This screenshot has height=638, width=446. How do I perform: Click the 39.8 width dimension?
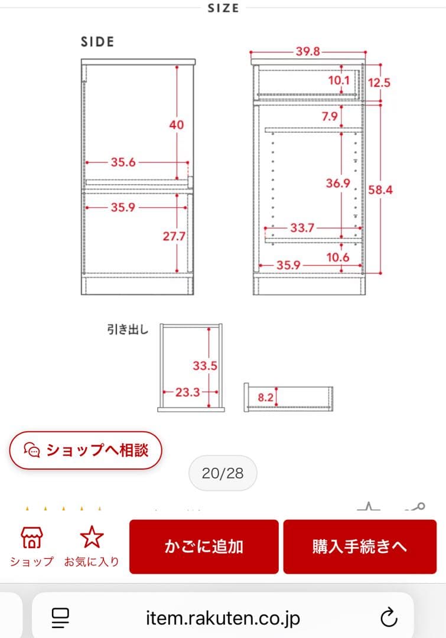(x=308, y=51)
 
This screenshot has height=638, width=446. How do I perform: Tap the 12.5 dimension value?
(x=379, y=83)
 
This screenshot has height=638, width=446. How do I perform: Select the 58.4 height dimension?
(x=380, y=190)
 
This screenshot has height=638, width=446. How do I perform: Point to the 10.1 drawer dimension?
(x=338, y=80)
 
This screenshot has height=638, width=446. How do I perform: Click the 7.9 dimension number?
(x=330, y=116)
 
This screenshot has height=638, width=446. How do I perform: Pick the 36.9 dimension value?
(x=338, y=184)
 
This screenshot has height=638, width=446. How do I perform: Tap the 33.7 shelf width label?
(x=302, y=227)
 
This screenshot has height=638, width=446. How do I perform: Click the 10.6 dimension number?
(x=337, y=257)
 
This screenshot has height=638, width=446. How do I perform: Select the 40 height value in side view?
(x=176, y=125)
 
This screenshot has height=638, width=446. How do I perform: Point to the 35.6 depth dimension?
(x=123, y=162)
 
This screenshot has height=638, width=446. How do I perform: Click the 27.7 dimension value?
(x=174, y=236)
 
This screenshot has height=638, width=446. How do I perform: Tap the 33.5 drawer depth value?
(x=204, y=366)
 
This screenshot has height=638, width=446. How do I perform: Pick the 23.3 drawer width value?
(x=187, y=391)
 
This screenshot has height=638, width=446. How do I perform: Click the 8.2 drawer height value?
(x=266, y=398)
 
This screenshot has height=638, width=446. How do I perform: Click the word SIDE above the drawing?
(x=97, y=42)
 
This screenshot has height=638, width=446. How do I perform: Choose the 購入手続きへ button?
(x=360, y=546)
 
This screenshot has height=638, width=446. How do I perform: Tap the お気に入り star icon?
(x=92, y=538)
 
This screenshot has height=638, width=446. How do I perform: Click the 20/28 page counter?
(x=222, y=473)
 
